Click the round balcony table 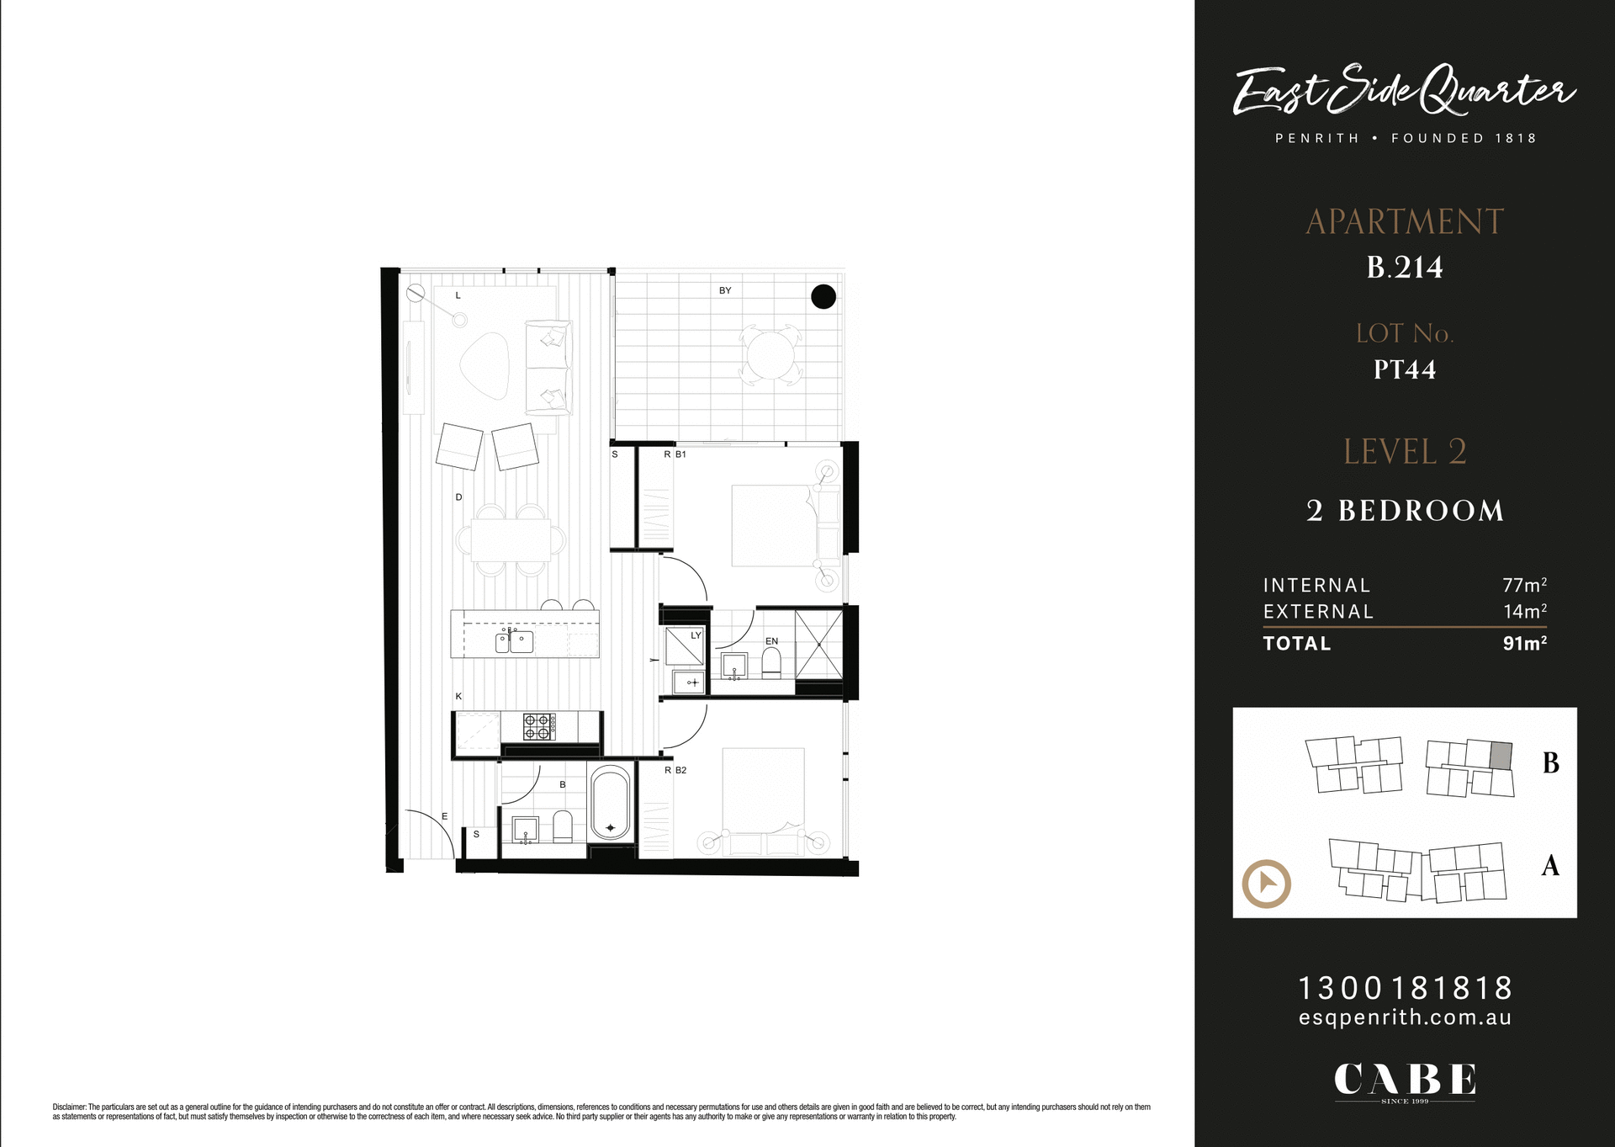click(769, 355)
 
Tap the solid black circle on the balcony click(823, 296)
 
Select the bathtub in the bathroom click(610, 803)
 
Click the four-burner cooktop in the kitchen click(539, 726)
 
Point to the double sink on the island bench click(514, 641)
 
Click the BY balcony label click(725, 291)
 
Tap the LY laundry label click(696, 635)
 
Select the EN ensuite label click(771, 641)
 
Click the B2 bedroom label click(680, 770)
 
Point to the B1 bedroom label click(680, 454)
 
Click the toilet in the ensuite click(771, 663)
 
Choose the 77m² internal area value click(1524, 585)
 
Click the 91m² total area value click(1524, 644)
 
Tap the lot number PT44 click(1405, 369)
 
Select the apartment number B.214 click(1405, 268)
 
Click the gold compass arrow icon click(1266, 884)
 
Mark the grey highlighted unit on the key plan click(1501, 755)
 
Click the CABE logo click(1405, 1081)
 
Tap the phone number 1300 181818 click(1405, 987)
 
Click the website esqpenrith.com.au click(1405, 1018)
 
